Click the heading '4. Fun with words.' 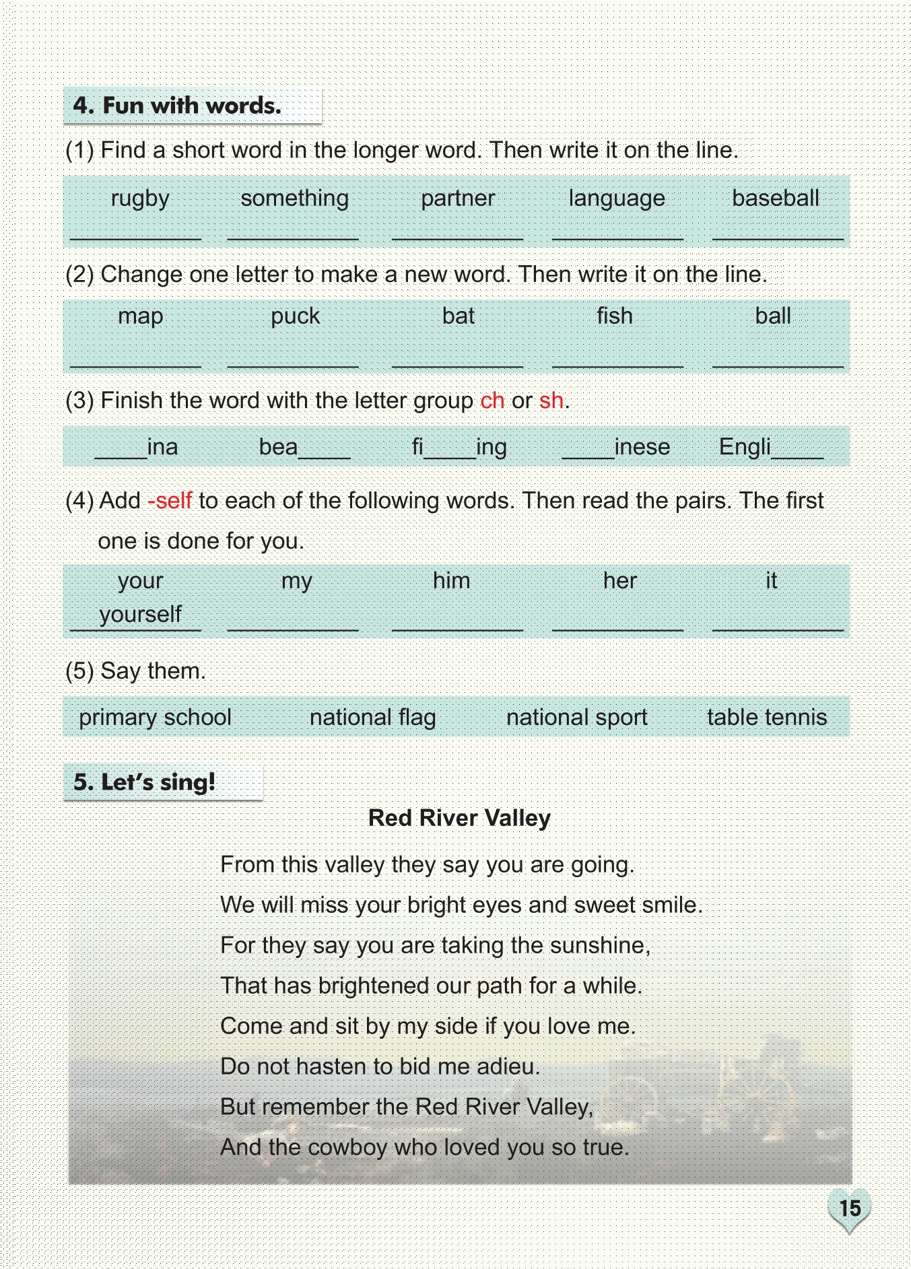point(177,106)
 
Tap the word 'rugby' point(140,199)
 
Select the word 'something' point(294,199)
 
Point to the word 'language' point(616,199)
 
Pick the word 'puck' point(295,316)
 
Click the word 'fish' point(614,316)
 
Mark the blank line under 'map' point(135,364)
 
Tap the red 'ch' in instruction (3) point(492,401)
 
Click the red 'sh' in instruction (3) point(551,401)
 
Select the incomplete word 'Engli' point(745,446)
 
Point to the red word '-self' point(170,501)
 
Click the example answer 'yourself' point(140,615)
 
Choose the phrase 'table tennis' point(766,718)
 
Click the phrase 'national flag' point(372,718)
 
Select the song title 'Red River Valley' point(459,818)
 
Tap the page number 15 point(850,1208)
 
